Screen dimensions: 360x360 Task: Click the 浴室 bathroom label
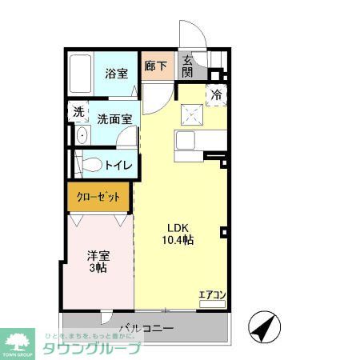pos(117,74)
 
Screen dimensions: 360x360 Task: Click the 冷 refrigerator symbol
pos(216,95)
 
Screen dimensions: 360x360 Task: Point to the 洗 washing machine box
pos(78,112)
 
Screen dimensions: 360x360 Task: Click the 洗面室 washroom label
pos(115,118)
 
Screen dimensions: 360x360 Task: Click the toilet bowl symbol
pos(92,165)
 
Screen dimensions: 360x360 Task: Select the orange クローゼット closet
pos(98,196)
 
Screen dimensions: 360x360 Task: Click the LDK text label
pos(178,226)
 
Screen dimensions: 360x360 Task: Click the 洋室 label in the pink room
pos(98,255)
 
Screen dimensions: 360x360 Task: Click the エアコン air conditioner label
pos(213,294)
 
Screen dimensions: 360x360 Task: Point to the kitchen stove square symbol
pos(190,115)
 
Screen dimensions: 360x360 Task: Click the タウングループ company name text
pos(91,349)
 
